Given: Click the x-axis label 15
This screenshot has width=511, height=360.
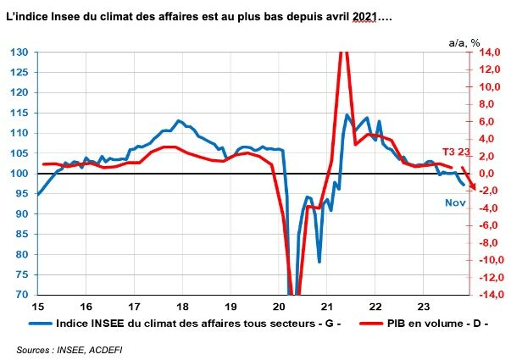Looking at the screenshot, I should [38, 306].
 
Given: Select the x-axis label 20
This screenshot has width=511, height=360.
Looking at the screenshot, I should [279, 306].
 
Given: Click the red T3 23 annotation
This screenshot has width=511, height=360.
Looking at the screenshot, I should [457, 152].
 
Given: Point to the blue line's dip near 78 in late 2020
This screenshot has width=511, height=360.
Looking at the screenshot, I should [319, 261].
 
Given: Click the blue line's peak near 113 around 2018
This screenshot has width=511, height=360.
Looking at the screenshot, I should [179, 121].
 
